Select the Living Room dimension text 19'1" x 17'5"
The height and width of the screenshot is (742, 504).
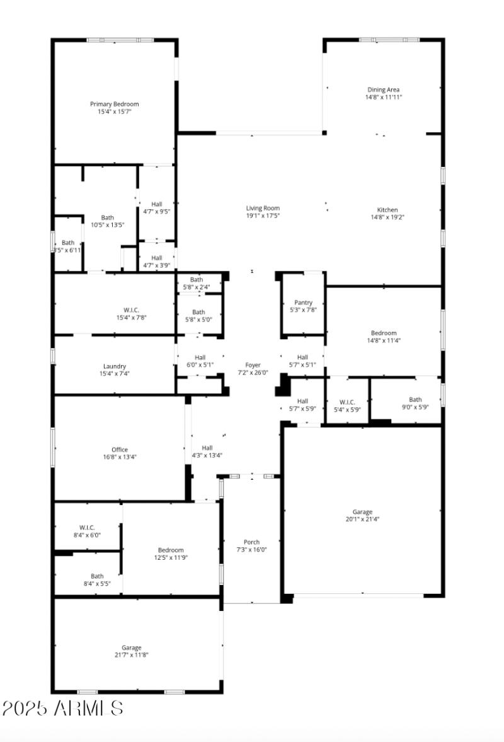coord(263,216)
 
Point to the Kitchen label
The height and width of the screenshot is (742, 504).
coord(387,210)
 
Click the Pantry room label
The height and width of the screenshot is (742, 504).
coord(303,303)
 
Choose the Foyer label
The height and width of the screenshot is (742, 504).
coord(252,365)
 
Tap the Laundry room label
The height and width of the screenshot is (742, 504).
coord(115,366)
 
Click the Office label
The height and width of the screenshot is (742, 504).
coord(120,449)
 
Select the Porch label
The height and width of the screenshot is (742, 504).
coord(251,542)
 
